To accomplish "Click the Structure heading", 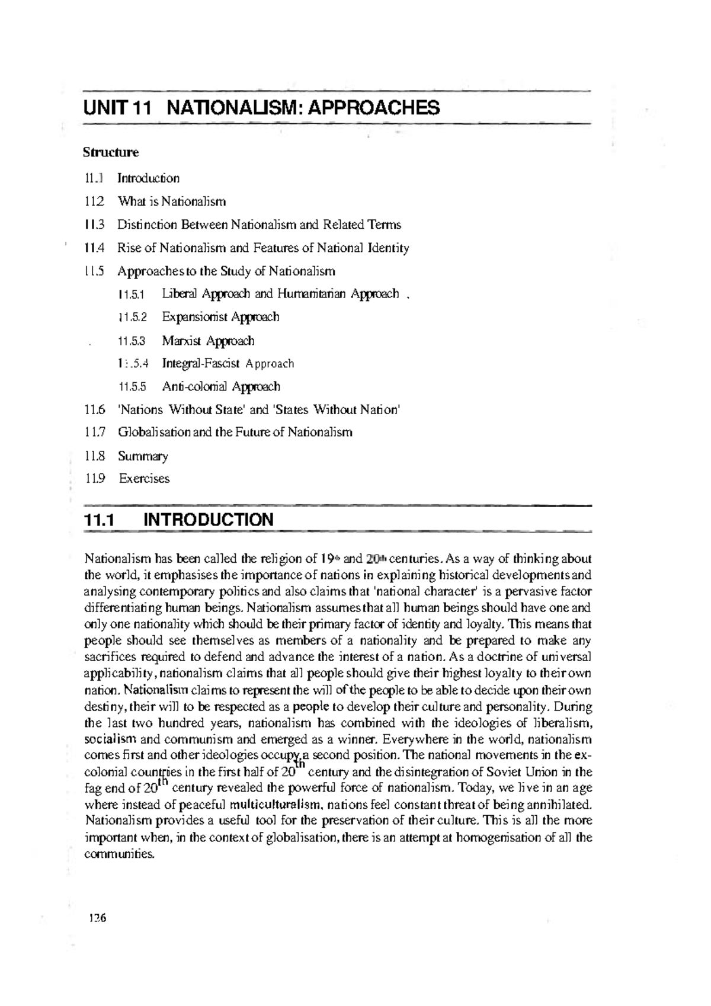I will click(111, 152).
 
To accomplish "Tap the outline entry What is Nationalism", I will click(172, 201).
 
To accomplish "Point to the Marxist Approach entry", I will click(209, 341).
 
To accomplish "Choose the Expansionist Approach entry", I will click(220, 317).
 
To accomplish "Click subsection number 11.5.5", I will click(132, 387).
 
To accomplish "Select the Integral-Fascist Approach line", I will click(228, 364).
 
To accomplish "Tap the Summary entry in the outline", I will click(143, 456).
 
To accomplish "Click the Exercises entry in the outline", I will click(144, 479).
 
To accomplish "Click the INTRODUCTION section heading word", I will click(209, 520).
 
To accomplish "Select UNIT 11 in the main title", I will click(118, 108).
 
